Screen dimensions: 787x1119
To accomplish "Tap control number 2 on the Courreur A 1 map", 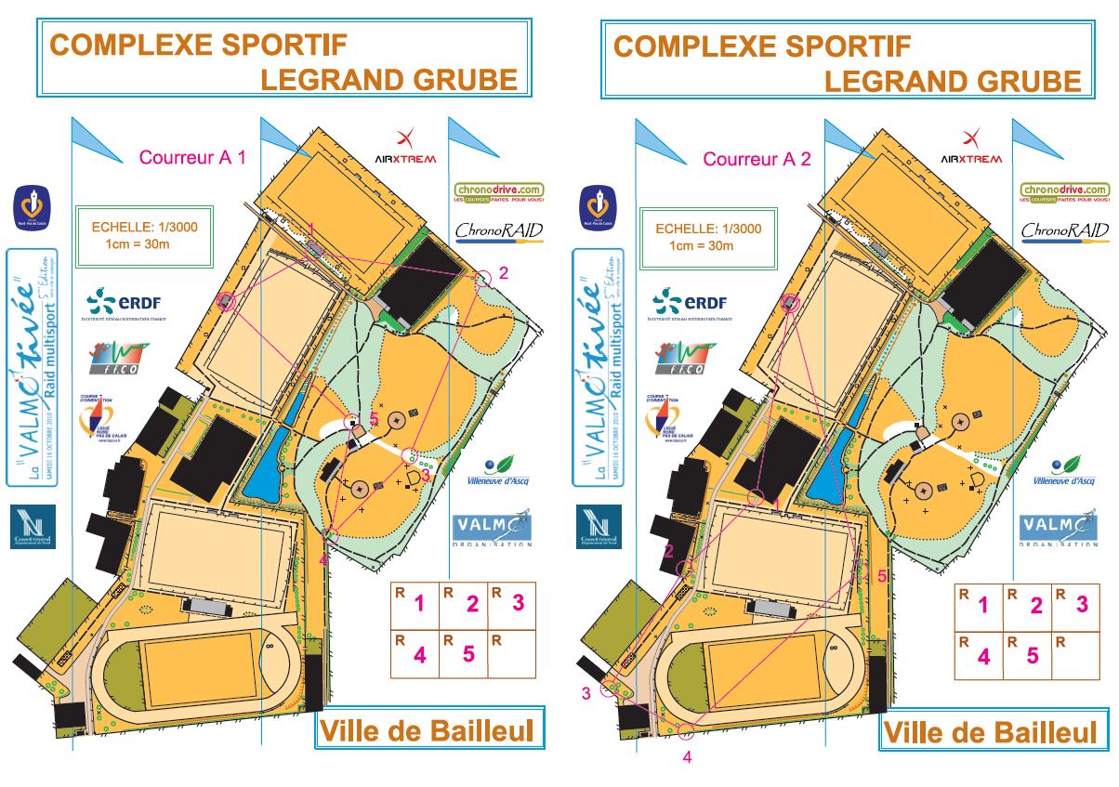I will pyautogui.click(x=481, y=279).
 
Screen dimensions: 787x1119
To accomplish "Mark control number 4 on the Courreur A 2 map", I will pyautogui.click(x=686, y=730).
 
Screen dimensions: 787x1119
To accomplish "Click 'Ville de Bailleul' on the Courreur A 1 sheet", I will pyautogui.click(x=427, y=730).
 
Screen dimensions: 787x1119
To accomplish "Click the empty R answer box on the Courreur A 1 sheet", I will pyautogui.click(x=513, y=654).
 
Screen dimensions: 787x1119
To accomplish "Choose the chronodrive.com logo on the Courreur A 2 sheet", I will pyautogui.click(x=1063, y=193).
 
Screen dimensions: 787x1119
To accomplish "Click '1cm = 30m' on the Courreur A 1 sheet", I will pyautogui.click(x=138, y=246).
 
